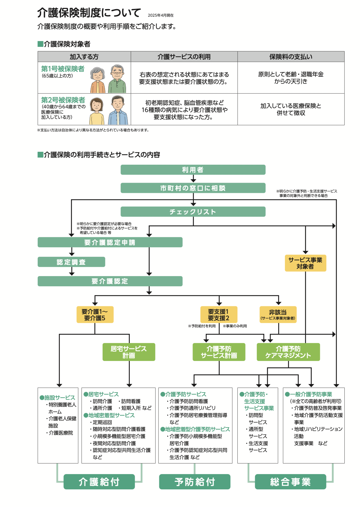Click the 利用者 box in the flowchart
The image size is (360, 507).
pos(193,170)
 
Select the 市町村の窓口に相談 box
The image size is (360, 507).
pos(193,188)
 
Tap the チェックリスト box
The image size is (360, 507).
pos(193,212)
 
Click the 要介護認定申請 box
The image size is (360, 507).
pos(110,242)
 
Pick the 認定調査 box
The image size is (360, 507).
pos(71,262)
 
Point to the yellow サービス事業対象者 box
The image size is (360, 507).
pos(305,263)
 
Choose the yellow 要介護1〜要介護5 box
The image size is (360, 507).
pos(95,315)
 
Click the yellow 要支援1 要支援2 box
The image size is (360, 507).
pos(219,315)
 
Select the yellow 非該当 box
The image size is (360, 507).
pos(278,315)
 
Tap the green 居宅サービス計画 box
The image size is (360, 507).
pos(129,352)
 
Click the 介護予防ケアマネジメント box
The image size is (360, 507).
pos(288,352)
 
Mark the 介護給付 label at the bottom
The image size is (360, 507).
pos(99,482)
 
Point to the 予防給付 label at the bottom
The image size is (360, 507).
pos(195,482)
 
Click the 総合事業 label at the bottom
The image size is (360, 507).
pos(290,482)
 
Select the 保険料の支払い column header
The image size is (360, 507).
pos(291,57)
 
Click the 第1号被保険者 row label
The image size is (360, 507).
pos(63,69)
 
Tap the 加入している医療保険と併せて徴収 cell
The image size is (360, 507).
pos(291,109)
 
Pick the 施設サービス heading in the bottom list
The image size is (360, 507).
pos(59,398)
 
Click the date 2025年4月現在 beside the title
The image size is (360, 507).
pos(161,15)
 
